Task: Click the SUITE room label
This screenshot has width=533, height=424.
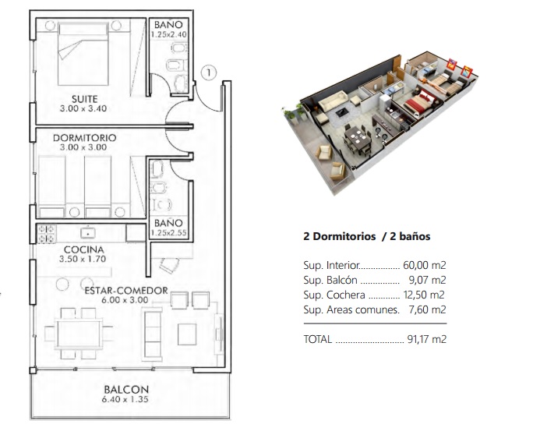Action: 85,99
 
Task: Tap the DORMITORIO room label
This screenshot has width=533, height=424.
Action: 85,138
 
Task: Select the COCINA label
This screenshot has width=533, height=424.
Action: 83,249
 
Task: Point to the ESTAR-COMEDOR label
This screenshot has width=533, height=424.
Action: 126,291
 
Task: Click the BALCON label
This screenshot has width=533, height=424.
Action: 126,390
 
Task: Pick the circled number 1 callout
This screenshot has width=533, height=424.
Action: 208,72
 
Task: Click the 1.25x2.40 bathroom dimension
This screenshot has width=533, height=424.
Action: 169,34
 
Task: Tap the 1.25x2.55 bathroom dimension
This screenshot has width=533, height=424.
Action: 169,233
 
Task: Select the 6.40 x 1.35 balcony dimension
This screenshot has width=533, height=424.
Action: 125,399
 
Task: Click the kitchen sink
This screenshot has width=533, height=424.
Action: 88,233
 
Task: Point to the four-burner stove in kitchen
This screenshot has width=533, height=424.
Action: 46,234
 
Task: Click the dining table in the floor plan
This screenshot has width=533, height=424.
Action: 79,334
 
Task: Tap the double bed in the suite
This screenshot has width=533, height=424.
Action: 83,54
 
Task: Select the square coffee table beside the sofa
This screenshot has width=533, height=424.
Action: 187,334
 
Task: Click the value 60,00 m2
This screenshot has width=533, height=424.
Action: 424,265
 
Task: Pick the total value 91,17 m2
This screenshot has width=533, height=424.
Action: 426,339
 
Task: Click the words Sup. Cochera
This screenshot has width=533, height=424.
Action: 334,295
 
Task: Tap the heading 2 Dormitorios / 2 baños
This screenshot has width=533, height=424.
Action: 367,236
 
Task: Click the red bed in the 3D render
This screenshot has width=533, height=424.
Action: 419,101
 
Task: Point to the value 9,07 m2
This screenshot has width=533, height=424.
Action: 427,280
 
